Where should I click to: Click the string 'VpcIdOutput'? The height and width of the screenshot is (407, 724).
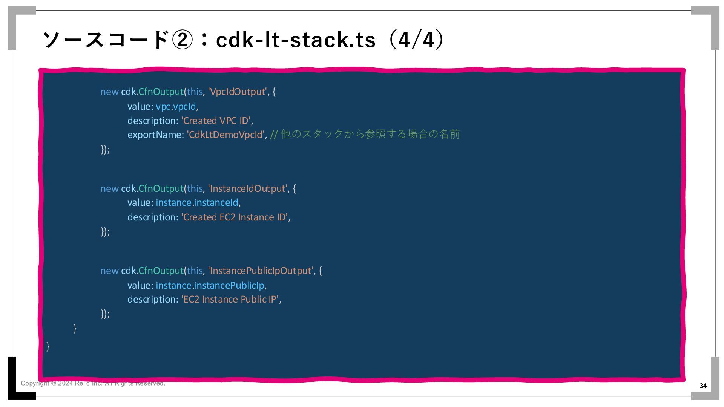tap(237, 92)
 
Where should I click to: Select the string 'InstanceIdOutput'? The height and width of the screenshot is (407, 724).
tap(247, 188)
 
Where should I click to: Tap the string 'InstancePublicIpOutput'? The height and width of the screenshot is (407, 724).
tap(261, 271)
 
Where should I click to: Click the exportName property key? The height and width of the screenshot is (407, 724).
tap(155, 135)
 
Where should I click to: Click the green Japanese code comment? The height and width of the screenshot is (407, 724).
tap(365, 134)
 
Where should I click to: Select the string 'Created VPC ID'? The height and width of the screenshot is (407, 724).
tap(216, 121)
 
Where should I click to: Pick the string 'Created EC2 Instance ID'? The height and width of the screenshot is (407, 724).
tap(235, 217)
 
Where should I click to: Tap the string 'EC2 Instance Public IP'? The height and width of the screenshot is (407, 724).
tap(230, 300)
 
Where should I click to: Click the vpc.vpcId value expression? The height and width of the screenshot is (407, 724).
tap(176, 107)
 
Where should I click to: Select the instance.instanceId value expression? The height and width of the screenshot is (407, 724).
tap(197, 203)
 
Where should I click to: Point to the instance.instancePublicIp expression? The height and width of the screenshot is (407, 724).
tap(210, 286)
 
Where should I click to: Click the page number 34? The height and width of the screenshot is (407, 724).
tap(703, 386)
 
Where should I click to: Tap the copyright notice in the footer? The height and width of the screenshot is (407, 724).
tap(93, 383)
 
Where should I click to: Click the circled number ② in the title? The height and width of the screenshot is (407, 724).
tap(182, 40)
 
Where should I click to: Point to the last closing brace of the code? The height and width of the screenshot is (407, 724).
tap(48, 346)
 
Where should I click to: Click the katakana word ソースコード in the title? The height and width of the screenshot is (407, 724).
tap(106, 40)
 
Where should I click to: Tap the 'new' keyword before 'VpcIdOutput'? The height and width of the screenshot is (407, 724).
tap(109, 92)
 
